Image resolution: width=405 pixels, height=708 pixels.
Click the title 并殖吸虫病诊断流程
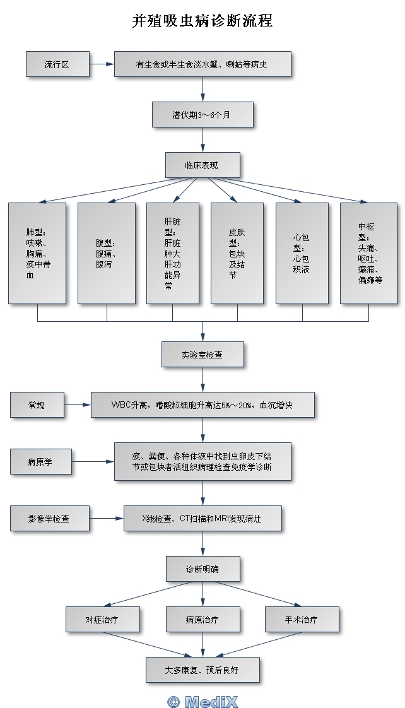[x=202, y=21]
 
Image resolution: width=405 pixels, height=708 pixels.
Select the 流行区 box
[x=57, y=64]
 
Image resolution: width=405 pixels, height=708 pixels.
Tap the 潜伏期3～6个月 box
[x=202, y=115]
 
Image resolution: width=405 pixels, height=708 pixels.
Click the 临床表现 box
[x=202, y=165]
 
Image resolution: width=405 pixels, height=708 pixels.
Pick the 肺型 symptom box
[x=37, y=253]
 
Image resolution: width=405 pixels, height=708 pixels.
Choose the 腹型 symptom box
[x=106, y=253]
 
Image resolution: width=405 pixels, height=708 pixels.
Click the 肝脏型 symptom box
[x=173, y=253]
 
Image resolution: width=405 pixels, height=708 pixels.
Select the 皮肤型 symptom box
[x=237, y=253]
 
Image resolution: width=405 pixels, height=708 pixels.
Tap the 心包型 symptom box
[x=302, y=253]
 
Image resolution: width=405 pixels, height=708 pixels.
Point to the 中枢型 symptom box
[x=369, y=253]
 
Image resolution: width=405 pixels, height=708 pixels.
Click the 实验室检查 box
[x=202, y=355]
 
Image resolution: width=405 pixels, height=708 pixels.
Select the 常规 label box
[x=37, y=404]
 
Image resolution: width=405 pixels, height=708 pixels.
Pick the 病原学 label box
[x=40, y=462]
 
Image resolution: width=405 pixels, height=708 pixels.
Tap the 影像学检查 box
[x=49, y=519]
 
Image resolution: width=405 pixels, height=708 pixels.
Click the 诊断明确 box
[x=202, y=569]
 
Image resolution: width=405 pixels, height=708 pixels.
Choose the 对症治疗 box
[x=102, y=620]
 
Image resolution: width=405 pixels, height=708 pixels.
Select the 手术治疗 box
[x=302, y=620]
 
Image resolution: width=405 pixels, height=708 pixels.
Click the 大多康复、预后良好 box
[x=202, y=670]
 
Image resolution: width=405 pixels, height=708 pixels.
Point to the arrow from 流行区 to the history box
[x=102, y=64]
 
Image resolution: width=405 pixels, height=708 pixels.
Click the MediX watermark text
[x=202, y=701]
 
